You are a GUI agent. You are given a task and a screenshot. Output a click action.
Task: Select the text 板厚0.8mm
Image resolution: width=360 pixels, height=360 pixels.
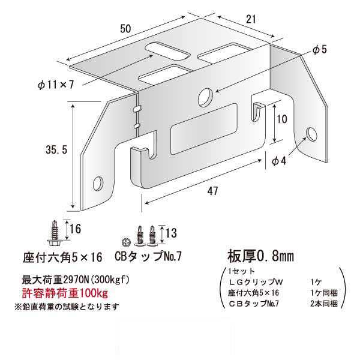259,254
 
